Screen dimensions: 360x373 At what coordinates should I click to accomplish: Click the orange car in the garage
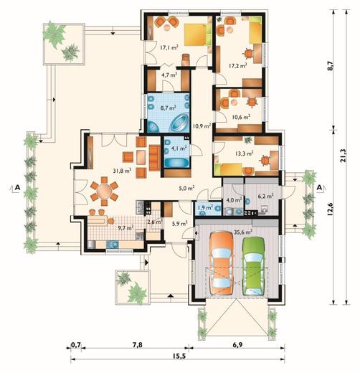click(x=221, y=263)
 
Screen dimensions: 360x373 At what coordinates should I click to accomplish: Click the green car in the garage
click(x=253, y=266)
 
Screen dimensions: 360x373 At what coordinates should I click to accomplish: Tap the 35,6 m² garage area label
click(x=242, y=232)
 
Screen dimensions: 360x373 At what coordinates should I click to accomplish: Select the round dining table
click(x=104, y=191)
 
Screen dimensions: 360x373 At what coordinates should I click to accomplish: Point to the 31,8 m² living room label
click(x=122, y=171)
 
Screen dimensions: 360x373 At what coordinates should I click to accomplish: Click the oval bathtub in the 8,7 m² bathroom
click(x=179, y=122)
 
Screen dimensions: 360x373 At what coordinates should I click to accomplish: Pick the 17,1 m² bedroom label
click(x=169, y=48)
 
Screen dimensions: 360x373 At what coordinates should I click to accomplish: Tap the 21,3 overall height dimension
click(x=344, y=156)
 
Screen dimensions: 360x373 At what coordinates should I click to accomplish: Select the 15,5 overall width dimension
click(x=179, y=356)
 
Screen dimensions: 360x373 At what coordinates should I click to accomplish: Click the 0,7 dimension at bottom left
click(x=76, y=345)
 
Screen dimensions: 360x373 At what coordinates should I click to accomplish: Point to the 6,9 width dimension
click(x=237, y=345)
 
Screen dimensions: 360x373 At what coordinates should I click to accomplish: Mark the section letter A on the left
click(x=17, y=188)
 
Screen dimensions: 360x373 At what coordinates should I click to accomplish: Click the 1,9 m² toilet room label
click(x=205, y=207)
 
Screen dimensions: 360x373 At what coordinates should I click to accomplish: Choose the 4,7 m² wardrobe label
click(x=169, y=75)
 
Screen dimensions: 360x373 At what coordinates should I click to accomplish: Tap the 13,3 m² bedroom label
click(x=245, y=154)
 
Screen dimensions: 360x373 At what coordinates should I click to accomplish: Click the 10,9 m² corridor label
click(x=202, y=126)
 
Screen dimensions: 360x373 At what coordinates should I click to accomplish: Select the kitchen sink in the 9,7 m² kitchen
click(x=113, y=244)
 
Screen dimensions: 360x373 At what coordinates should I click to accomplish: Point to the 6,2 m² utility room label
click(x=265, y=197)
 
